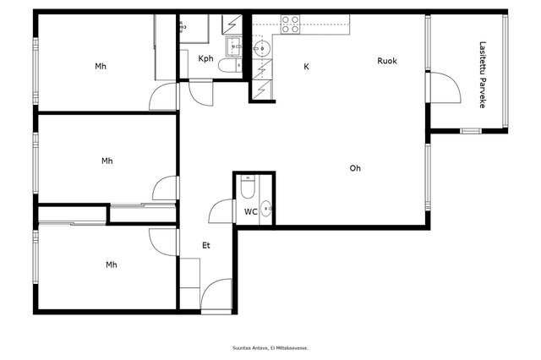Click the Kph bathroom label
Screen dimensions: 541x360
pyautogui.click(x=205, y=58)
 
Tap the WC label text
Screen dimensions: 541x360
pyautogui.click(x=251, y=212)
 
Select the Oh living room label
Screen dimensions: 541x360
pyautogui.click(x=355, y=168)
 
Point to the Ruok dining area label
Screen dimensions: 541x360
pyautogui.click(x=387, y=61)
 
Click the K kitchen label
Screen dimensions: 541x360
pyautogui.click(x=306, y=67)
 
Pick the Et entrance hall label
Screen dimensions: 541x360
pyautogui.click(x=206, y=246)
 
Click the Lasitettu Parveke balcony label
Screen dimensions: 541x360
pyautogui.click(x=483, y=75)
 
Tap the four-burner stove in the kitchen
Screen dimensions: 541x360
pyautogui.click(x=290, y=25)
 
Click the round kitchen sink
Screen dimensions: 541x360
pyautogui.click(x=262, y=49)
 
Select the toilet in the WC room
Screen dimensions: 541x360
pyautogui.click(x=248, y=188)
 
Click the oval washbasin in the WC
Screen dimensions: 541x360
pyautogui.click(x=265, y=209)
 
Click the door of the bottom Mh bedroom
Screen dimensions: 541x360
pyautogui.click(x=162, y=243)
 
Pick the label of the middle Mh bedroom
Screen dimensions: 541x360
pyautogui.click(x=107, y=161)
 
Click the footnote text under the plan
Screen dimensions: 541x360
pyautogui.click(x=270, y=348)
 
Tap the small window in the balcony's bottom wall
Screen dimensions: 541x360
pyautogui.click(x=471, y=131)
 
